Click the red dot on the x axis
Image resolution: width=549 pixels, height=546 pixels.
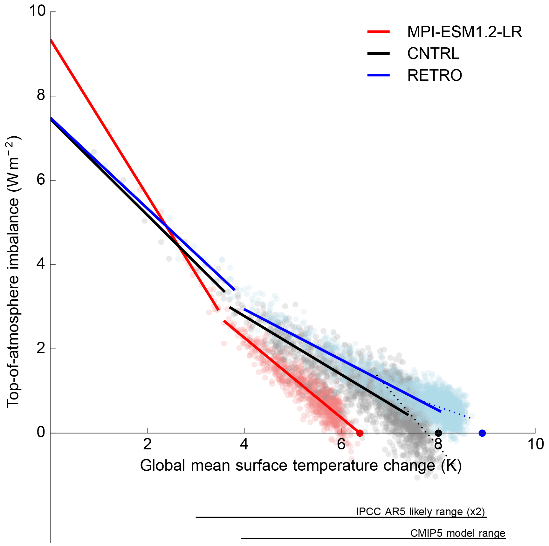pos(360,433)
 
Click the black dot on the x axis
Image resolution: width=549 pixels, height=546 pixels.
pos(438,433)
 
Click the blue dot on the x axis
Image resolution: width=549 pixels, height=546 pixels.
pos(482,433)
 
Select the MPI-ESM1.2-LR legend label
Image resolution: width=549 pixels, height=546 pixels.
pos(464,32)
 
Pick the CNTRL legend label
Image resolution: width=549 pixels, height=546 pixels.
pos(433,53)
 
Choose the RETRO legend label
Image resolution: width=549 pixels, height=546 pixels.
pos(435,75)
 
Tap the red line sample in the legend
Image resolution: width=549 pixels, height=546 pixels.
pos(378,32)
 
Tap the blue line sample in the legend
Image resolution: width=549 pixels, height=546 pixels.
pos(378,75)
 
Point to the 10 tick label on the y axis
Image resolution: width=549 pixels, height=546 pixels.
pos(37,11)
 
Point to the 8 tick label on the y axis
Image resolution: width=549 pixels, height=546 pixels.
pos(41,95)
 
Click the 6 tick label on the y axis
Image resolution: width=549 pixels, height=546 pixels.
pos(41,179)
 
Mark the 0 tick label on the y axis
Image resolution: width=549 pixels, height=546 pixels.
pos(41,432)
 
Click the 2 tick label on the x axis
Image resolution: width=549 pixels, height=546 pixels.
pos(147,444)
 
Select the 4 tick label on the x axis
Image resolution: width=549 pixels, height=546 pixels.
pos(244,444)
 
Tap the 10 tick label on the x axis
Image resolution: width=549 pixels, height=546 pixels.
pos(536,444)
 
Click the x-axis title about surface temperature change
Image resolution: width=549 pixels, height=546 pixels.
pos(301,466)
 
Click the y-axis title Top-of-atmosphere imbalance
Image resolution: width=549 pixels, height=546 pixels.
pos(13,272)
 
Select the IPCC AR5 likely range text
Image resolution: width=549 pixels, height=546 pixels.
pos(420,512)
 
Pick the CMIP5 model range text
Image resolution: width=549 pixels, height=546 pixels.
pos(457,533)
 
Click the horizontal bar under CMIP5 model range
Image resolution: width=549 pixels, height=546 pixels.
pos(374,538)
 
